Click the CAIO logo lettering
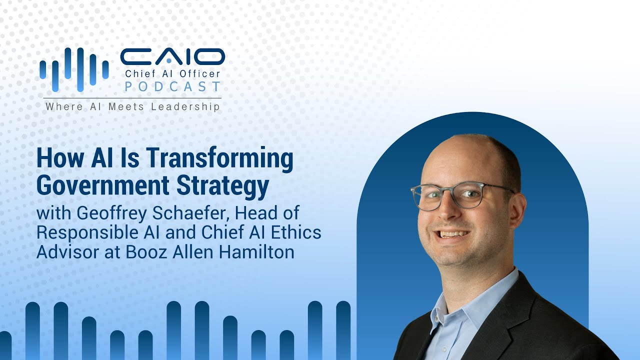click(173, 56)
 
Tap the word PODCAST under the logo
click(173, 86)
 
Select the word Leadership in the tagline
click(185, 107)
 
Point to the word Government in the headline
click(103, 185)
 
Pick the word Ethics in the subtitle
click(296, 232)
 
